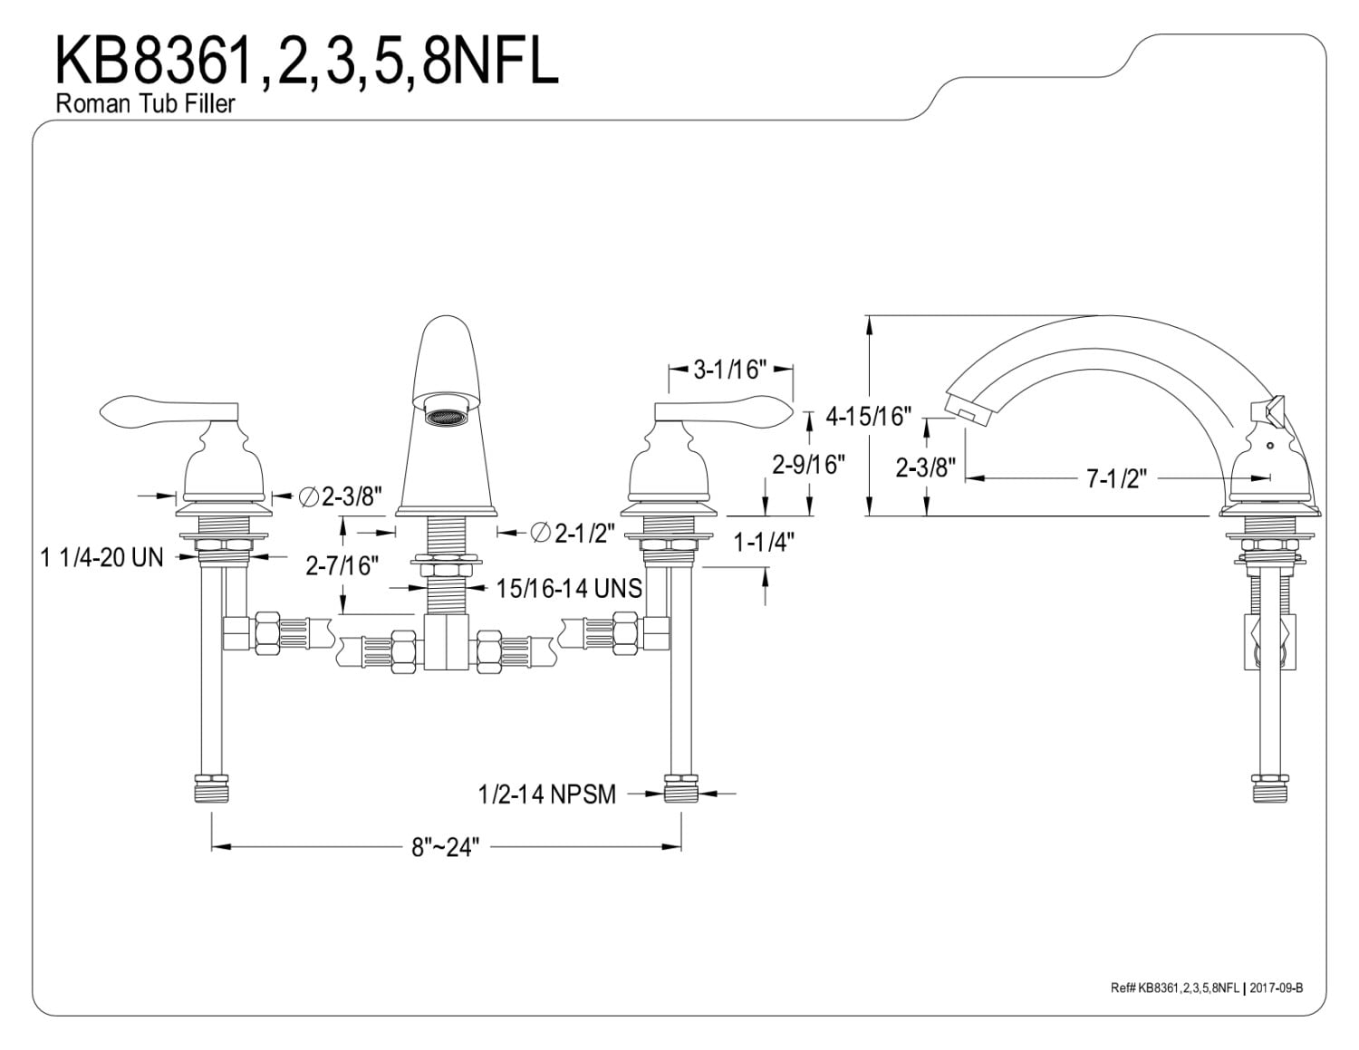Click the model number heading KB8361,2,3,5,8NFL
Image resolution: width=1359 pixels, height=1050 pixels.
(306, 61)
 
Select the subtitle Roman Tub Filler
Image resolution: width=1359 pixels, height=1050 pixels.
(145, 103)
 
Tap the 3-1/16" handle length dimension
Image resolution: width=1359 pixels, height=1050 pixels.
(730, 370)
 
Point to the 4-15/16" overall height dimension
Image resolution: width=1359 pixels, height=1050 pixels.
(869, 416)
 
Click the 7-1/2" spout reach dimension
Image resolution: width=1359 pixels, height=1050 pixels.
(1116, 478)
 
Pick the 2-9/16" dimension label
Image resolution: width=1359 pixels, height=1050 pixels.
(808, 464)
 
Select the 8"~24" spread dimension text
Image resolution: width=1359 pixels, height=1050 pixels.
(445, 847)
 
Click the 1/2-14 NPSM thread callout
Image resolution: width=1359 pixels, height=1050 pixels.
(547, 795)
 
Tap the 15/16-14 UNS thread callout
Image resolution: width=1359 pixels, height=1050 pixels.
(569, 588)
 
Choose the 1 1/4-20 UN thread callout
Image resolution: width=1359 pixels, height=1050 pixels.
(101, 557)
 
